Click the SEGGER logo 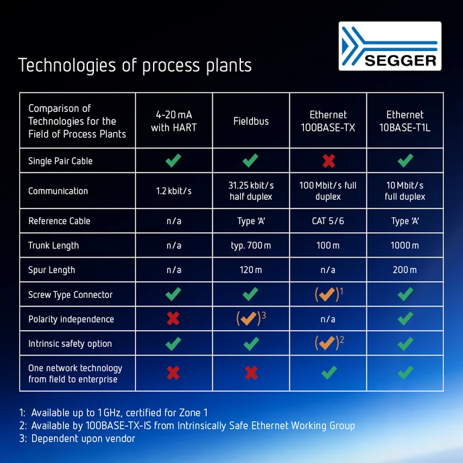(389, 46)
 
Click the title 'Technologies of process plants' (135, 65)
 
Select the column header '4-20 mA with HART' (174, 121)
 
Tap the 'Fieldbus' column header (251, 121)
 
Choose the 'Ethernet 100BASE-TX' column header (327, 121)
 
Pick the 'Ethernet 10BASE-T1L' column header (405, 121)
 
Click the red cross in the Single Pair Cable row (327, 160)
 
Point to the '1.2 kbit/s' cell (174, 191)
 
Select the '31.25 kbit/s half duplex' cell (251, 191)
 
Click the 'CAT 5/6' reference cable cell (327, 221)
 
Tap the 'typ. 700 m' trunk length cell (251, 246)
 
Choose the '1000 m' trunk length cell (405, 246)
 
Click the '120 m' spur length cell (251, 270)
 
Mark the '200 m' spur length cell (405, 270)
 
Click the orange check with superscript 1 (327, 295)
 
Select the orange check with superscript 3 (250, 319)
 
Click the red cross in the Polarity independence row (174, 319)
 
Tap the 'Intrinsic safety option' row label (70, 344)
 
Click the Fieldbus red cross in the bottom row (251, 373)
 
